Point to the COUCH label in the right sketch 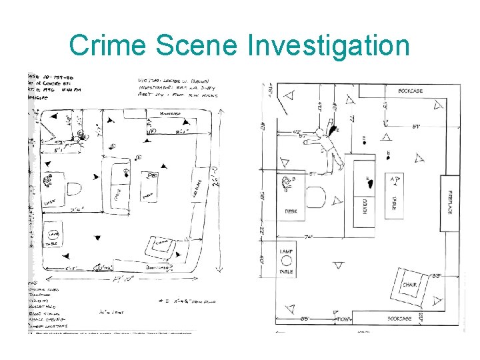point(365,207)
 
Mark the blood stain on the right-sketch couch point(370,181)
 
